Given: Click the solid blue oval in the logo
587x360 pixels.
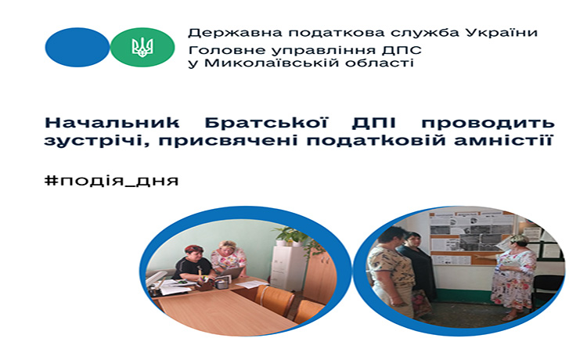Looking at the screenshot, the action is click(x=77, y=47).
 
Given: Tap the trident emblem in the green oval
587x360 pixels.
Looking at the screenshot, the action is click(x=142, y=47).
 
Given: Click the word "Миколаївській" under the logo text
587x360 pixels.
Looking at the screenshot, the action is click(x=271, y=62).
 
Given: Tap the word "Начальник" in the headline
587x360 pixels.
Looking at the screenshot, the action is click(x=112, y=122).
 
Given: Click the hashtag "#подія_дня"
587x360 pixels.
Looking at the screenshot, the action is click(x=112, y=181).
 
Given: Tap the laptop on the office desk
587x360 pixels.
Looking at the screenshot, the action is click(x=230, y=272).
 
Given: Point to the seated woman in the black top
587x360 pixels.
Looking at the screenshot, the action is click(x=192, y=264).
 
